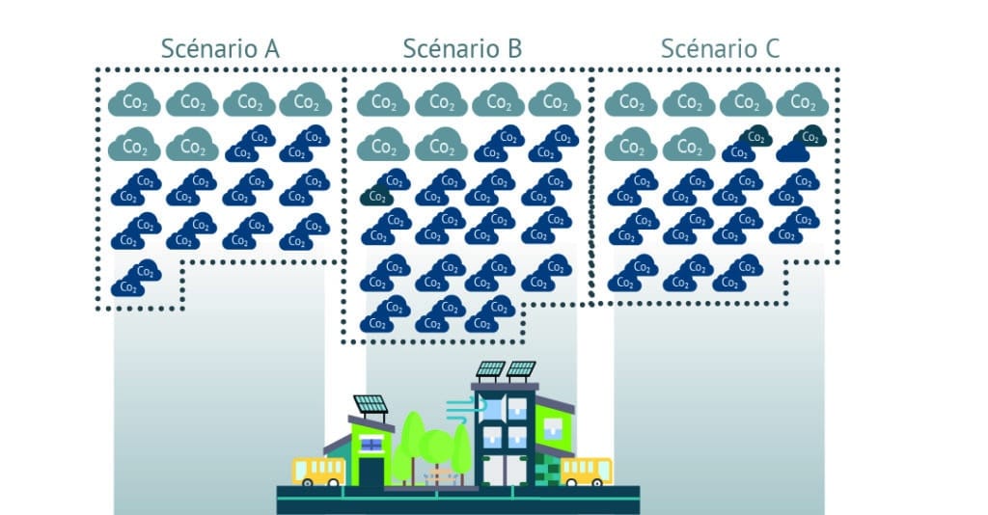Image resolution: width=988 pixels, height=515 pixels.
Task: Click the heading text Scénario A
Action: pos(220,47)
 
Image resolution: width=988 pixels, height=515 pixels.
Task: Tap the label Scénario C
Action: pos(720,47)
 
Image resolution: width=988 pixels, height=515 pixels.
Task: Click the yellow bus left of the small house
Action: pos(318,470)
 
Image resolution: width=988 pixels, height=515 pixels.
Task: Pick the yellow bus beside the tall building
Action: pos(586,470)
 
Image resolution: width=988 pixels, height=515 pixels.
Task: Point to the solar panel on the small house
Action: pos(370,404)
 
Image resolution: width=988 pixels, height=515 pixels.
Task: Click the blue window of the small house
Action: pos(371,443)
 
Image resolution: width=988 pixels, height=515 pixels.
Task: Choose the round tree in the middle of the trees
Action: pos(439,445)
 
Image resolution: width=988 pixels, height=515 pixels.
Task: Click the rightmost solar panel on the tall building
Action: pos(521,368)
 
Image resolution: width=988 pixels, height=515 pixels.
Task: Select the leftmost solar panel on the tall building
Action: pos(490,368)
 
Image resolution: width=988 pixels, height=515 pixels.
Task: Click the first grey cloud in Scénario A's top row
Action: pos(134,100)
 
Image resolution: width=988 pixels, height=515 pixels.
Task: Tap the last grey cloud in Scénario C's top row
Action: pos(803,100)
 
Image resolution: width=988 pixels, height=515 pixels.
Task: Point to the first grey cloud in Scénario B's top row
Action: pos(383,100)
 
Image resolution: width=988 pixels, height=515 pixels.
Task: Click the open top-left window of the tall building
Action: pos(492,407)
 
